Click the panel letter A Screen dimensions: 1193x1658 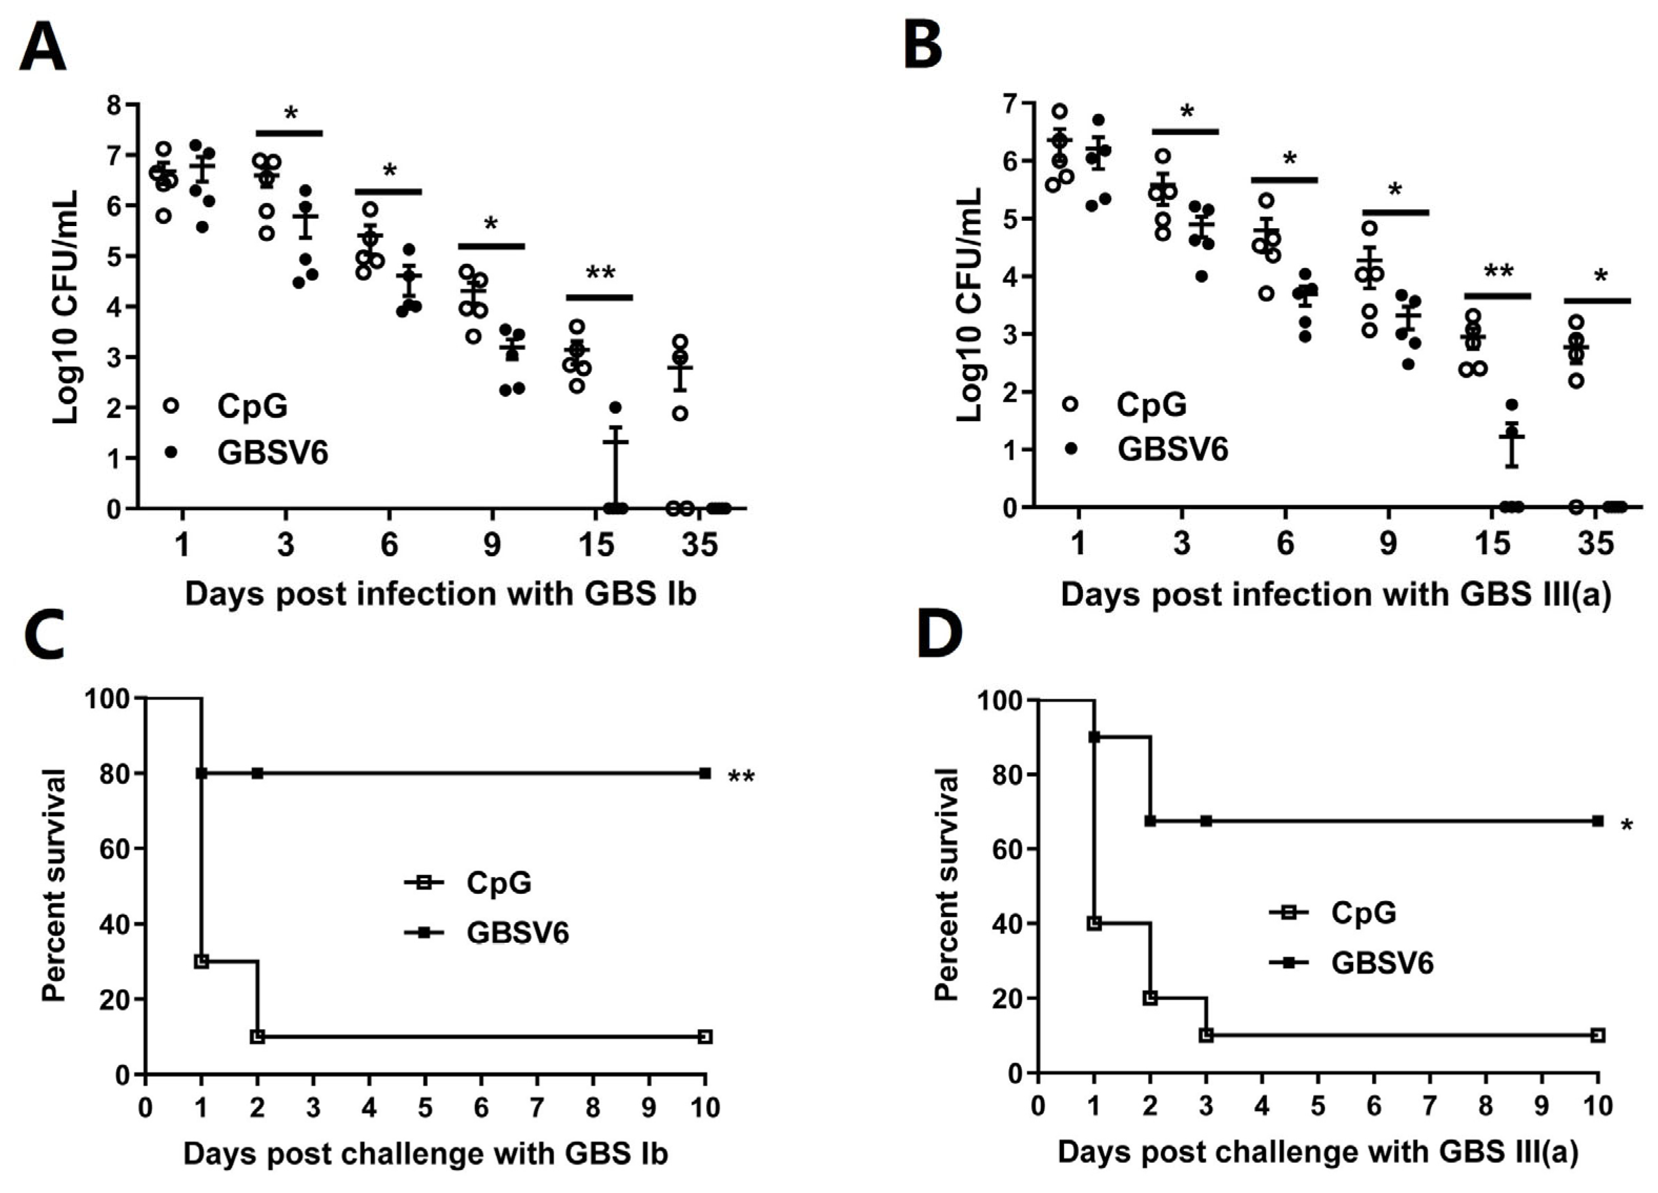[x=43, y=45]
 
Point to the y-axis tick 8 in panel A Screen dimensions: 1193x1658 [x=114, y=105]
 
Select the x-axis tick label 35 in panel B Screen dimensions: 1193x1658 [x=1595, y=544]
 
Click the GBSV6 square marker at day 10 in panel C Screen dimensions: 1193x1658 [x=704, y=773]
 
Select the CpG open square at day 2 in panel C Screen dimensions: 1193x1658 [x=257, y=1036]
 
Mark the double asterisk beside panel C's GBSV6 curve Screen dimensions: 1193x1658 [x=741, y=777]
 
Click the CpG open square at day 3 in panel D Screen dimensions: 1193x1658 [x=1206, y=1035]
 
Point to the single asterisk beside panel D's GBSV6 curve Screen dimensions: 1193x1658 [x=1626, y=827]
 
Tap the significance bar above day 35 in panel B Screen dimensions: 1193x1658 [x=1596, y=300]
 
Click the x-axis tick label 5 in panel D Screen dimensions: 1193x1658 [x=1317, y=1105]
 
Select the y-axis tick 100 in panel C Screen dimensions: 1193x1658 [x=107, y=699]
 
